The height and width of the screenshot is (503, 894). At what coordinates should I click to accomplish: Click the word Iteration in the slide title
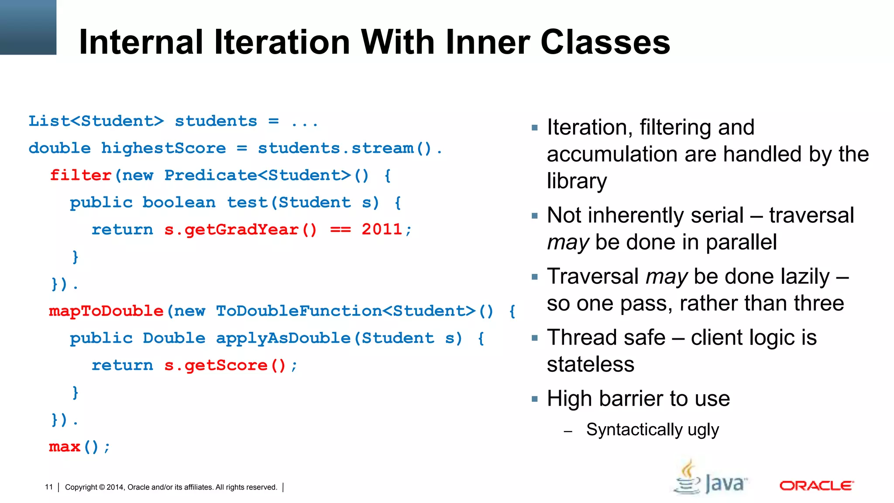coord(282,42)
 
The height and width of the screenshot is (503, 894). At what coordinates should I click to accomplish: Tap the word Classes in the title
coord(605,42)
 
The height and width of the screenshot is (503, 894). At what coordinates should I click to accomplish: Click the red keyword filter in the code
coord(81,176)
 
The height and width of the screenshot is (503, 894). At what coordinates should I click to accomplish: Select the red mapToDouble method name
coord(106,311)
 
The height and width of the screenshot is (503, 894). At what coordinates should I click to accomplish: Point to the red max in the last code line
coord(65,447)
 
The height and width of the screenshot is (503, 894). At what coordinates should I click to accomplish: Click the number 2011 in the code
coord(382,230)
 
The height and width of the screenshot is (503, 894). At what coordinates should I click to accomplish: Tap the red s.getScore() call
coord(225,365)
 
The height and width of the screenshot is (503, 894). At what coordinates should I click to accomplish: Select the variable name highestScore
coord(164,148)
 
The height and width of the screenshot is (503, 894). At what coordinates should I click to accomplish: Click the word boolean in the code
coord(179,203)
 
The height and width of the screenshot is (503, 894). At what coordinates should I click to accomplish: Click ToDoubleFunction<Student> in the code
coord(346,311)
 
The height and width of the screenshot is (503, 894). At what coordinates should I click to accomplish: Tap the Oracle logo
coord(816,486)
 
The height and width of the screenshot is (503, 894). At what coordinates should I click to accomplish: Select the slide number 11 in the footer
coord(49,487)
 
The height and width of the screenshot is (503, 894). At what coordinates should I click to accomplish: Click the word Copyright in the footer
coord(81,487)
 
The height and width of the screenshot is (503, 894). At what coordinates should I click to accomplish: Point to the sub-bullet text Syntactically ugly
coord(652,430)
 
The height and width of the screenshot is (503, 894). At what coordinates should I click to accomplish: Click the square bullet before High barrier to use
coord(535,399)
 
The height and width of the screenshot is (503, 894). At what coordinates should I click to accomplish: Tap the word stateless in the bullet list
coord(590,365)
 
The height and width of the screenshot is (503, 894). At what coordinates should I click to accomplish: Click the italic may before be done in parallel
coord(568,242)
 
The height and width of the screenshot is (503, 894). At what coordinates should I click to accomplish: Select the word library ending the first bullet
coord(577,181)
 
